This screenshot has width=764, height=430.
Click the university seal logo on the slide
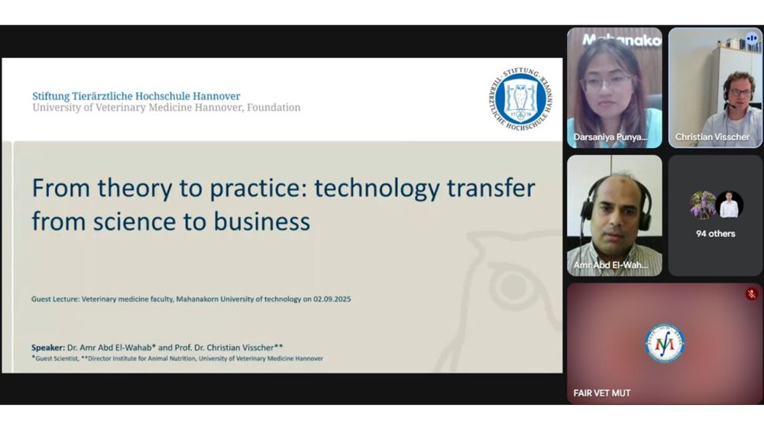(521, 99)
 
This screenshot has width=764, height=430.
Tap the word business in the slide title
(262, 221)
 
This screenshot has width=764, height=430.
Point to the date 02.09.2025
(332, 299)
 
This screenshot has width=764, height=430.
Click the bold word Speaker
(47, 348)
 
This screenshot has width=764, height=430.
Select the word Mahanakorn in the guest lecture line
(197, 299)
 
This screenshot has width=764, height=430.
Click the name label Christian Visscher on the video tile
(712, 137)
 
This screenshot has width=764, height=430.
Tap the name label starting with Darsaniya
(610, 137)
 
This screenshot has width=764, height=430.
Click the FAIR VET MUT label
(602, 393)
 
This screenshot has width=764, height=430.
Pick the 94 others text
(715, 234)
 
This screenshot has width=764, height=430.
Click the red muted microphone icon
(752, 293)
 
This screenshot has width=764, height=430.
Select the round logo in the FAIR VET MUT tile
(665, 344)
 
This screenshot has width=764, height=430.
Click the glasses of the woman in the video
(607, 81)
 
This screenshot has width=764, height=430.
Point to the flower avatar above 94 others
(703, 205)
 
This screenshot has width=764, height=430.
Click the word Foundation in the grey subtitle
(274, 108)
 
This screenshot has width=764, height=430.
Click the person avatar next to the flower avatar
(730, 205)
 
